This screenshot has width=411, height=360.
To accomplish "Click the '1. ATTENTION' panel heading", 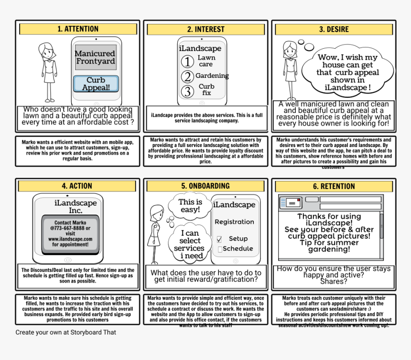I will pos(78,29).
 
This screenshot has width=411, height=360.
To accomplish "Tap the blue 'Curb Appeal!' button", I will pos(96,84).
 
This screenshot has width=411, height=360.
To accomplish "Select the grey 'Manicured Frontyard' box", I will pos(95,57).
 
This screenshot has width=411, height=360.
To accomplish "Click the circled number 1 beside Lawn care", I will pos(188,61).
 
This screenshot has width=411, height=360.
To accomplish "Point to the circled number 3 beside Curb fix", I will pos(188,91).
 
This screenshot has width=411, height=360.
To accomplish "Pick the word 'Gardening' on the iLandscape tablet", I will pos(212,75).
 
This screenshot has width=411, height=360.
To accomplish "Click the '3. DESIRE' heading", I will pos(334,29).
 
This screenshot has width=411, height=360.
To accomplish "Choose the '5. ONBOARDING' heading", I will pos(205,186).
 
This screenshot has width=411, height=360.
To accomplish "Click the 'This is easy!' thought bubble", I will pos(190,206).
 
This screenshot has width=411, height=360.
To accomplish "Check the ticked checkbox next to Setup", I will pos(219,239).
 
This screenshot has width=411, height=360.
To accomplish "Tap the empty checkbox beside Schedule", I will pos(219,249).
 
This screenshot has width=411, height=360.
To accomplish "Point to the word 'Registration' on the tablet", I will pos(234,222).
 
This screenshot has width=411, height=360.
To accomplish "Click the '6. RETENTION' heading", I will pos(334,186).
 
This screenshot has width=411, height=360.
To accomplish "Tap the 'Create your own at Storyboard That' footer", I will pos(65,332).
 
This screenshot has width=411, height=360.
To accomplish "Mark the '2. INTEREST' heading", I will pos(205,29).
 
